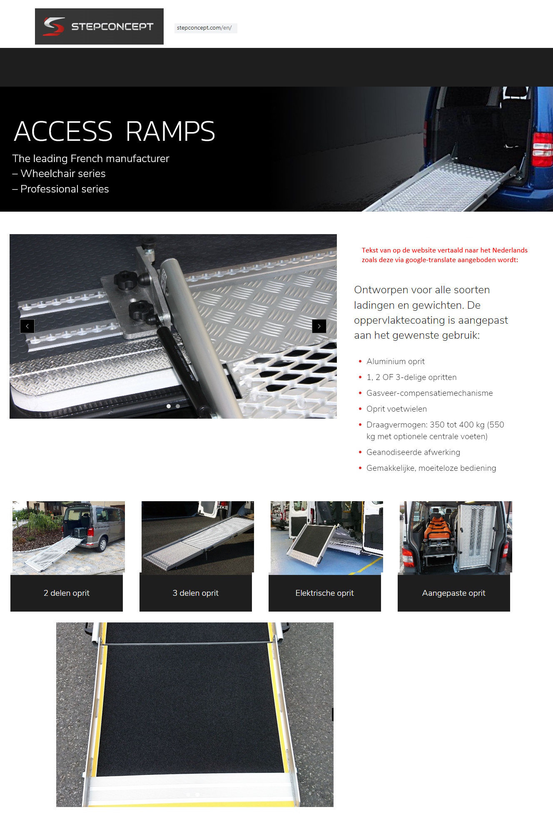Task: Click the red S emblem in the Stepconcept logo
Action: pyautogui.click(x=54, y=26)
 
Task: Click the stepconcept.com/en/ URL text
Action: pyautogui.click(x=204, y=28)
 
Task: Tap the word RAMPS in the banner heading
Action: pyautogui.click(x=170, y=132)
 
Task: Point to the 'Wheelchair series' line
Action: pyautogui.click(x=63, y=174)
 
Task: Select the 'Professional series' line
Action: pyautogui.click(x=65, y=189)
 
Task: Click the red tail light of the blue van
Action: pyautogui.click(x=542, y=150)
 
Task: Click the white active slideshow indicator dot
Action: pyautogui.click(x=169, y=406)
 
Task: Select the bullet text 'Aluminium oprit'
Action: pyautogui.click(x=395, y=362)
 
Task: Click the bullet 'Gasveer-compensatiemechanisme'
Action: pyautogui.click(x=429, y=393)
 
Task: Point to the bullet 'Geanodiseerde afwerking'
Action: pyautogui.click(x=413, y=452)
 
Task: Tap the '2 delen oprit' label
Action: pyautogui.click(x=67, y=593)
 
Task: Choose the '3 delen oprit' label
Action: pyautogui.click(x=196, y=593)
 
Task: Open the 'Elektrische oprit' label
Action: pyautogui.click(x=325, y=593)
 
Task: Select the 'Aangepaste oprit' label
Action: pyautogui.click(x=454, y=593)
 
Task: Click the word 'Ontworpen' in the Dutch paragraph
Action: pyautogui.click(x=380, y=290)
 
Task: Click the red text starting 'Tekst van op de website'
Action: pyautogui.click(x=444, y=255)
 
